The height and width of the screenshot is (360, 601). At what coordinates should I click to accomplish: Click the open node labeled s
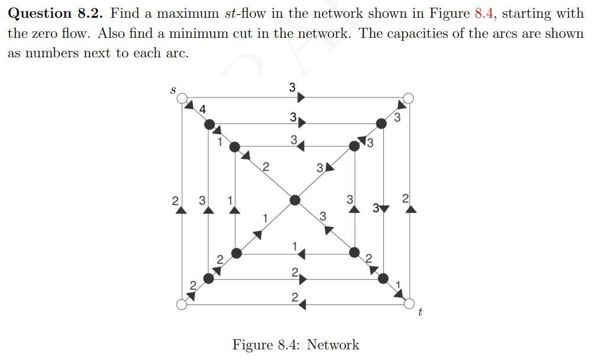click(182, 98)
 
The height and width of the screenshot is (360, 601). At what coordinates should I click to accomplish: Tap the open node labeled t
click(409, 304)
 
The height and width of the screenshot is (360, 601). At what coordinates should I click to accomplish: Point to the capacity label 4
click(203, 109)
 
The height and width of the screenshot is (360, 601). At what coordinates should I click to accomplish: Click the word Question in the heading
click(39, 13)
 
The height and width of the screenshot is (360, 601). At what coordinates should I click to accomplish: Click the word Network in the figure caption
click(332, 345)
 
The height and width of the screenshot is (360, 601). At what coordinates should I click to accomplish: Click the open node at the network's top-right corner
click(408, 98)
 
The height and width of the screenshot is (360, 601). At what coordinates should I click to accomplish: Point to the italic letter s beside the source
click(172, 90)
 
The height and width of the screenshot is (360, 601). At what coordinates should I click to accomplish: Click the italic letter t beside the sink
click(420, 312)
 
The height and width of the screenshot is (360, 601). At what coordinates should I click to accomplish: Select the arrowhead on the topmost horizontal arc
click(301, 97)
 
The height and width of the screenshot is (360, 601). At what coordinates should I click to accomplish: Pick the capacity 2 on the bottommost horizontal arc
click(294, 297)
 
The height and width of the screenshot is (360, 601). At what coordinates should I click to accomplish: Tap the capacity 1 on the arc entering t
click(399, 286)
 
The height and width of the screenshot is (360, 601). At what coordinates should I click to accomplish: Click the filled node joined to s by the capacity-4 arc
click(209, 124)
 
